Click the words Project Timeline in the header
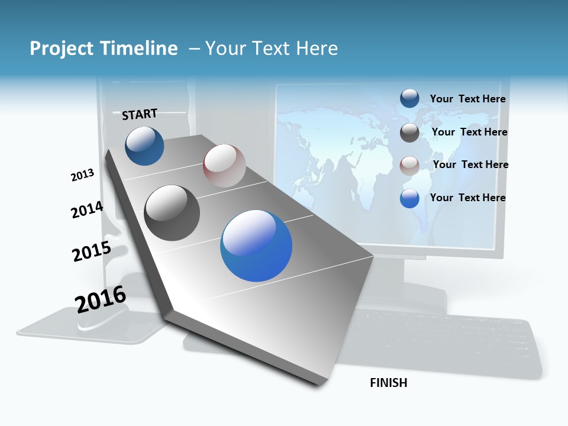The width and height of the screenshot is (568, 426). pyautogui.click(x=104, y=49)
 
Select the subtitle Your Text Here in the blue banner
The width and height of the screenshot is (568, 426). pyautogui.click(x=272, y=49)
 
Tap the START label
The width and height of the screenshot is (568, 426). pyautogui.click(x=140, y=114)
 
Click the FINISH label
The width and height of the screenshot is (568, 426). pyautogui.click(x=389, y=383)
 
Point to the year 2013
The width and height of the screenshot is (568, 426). pyautogui.click(x=82, y=175)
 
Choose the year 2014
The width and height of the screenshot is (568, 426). pyautogui.click(x=87, y=210)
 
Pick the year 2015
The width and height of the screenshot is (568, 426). pyautogui.click(x=92, y=251)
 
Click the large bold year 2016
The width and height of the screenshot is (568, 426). pyautogui.click(x=101, y=299)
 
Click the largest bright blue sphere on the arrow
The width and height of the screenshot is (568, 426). pyautogui.click(x=256, y=246)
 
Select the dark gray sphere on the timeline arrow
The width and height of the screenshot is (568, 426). pyautogui.click(x=172, y=213)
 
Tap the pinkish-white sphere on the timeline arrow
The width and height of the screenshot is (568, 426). pyautogui.click(x=224, y=166)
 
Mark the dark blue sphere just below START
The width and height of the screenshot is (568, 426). pyautogui.click(x=144, y=146)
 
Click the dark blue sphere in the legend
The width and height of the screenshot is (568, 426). pyautogui.click(x=409, y=99)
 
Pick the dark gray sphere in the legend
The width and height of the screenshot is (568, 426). pyautogui.click(x=409, y=133)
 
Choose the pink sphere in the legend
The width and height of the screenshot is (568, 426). pyautogui.click(x=409, y=166)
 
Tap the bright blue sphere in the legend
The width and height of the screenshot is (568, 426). pyautogui.click(x=409, y=199)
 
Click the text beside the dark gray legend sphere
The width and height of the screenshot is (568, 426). pyautogui.click(x=469, y=132)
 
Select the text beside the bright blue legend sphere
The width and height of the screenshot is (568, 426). pyautogui.click(x=467, y=198)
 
